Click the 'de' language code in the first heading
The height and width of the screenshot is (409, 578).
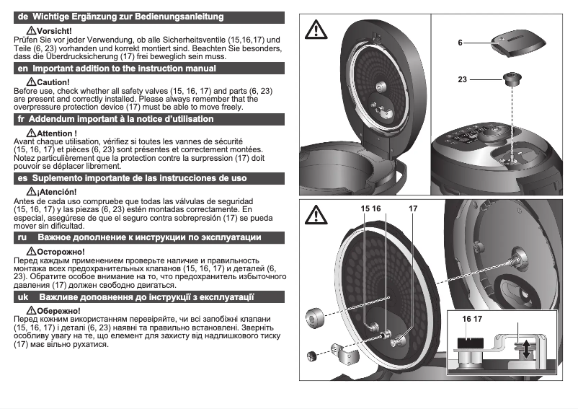point(22,16)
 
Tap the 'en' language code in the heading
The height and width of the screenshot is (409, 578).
point(22,68)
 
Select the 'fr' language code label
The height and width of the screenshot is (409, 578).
point(21,119)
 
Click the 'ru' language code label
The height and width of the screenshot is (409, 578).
point(22,237)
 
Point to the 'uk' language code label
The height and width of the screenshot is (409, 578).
point(22,296)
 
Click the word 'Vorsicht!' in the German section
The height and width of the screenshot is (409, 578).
point(54,32)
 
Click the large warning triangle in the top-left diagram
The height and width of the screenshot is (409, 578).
point(316,30)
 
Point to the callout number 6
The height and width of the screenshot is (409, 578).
point(459,43)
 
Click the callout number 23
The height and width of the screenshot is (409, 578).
point(461,79)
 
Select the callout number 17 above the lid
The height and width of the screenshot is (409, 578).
point(413,209)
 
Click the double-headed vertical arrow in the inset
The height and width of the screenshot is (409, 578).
point(528,349)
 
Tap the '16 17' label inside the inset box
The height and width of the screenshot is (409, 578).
point(472,318)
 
